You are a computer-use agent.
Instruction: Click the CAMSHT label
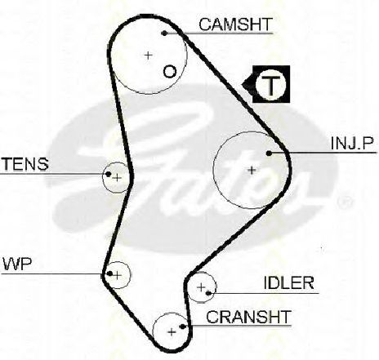coord(235,24)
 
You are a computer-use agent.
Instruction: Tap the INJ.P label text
coord(352,143)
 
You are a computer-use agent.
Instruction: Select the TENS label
coord(25,164)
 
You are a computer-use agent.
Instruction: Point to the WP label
coord(17,264)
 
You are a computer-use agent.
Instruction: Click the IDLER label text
coord(288,283)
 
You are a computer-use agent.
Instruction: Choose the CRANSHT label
coord(249,317)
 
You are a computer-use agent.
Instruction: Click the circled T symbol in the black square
coord(271,84)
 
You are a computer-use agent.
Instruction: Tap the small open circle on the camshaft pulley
coord(170,72)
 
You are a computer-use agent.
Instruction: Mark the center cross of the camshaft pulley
coord(148,56)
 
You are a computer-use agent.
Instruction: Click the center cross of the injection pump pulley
coord(252,171)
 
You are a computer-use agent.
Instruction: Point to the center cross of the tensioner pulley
coord(118,178)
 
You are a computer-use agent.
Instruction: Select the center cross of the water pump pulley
coord(118,275)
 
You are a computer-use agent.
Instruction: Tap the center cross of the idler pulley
coord(201,287)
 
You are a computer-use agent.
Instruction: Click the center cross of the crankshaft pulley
coord(172,332)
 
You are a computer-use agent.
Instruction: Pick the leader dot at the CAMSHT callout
coord(164,33)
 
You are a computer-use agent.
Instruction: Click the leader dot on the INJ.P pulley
coord(269,153)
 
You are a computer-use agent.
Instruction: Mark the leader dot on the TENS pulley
coord(109,174)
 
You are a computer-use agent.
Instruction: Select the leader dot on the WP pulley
coord(110,273)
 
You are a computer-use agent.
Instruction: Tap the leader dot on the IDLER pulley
coord(209,293)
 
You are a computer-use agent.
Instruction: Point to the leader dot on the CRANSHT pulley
coord(183,326)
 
